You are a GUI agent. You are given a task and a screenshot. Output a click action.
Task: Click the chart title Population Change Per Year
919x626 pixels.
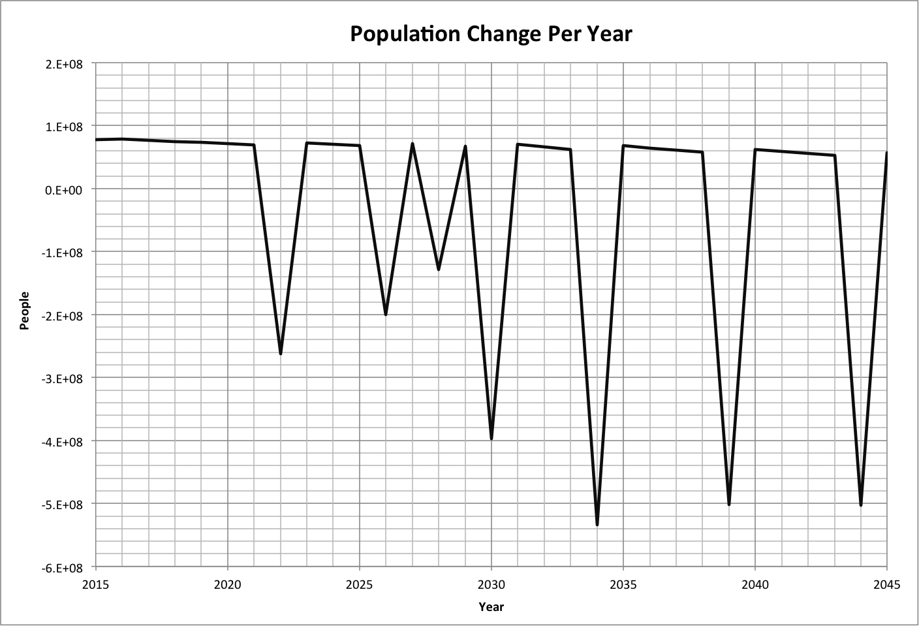(x=491, y=33)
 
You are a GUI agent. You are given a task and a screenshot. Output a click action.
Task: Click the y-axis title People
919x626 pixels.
(x=25, y=311)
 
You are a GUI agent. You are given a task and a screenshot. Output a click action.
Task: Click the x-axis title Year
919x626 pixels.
(x=491, y=607)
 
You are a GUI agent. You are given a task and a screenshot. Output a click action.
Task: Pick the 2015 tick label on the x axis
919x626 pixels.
(x=96, y=585)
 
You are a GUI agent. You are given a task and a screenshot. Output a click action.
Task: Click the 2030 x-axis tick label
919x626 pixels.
(x=491, y=585)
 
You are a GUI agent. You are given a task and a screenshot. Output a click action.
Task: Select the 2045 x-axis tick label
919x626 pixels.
(x=886, y=585)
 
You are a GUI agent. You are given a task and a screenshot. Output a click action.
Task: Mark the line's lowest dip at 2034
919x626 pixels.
(x=597, y=524)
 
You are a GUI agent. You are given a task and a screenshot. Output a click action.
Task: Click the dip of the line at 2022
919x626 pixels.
(x=281, y=352)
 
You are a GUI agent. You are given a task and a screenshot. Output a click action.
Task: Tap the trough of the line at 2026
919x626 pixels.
(x=386, y=313)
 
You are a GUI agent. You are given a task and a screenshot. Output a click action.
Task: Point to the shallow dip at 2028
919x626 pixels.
(x=439, y=268)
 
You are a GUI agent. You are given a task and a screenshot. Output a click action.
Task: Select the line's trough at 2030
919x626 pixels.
(x=491, y=437)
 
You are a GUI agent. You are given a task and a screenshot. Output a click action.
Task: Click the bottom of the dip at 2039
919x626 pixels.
(x=729, y=503)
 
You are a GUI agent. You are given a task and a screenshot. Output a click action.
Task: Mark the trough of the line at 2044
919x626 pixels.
(x=861, y=504)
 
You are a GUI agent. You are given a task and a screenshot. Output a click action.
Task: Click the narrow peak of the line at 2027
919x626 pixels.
(x=413, y=144)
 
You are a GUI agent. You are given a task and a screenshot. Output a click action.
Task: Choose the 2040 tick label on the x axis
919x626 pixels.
(x=755, y=585)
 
